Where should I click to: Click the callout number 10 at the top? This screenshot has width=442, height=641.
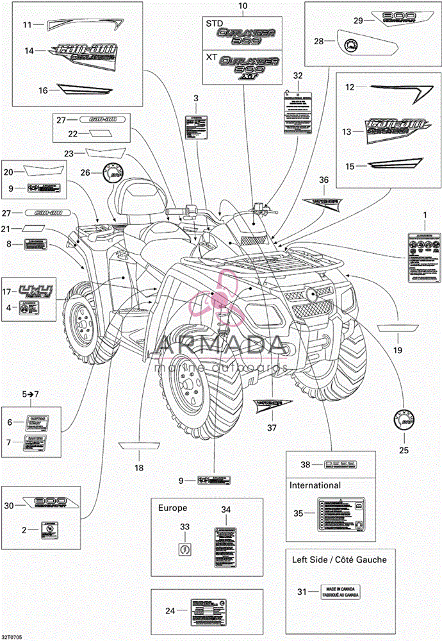pos(243,6)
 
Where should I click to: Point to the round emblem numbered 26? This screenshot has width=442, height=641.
pos(112,172)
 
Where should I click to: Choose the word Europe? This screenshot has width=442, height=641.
pos(173,508)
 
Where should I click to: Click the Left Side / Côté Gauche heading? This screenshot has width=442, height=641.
pos(340,560)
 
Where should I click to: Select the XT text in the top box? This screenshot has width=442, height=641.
pos(212,56)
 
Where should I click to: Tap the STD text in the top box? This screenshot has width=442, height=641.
pos(214,23)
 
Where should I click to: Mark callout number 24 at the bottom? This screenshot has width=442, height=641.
pos(170,611)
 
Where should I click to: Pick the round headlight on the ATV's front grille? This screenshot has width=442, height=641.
pos(311,294)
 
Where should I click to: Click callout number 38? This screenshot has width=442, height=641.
pos(306,465)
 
